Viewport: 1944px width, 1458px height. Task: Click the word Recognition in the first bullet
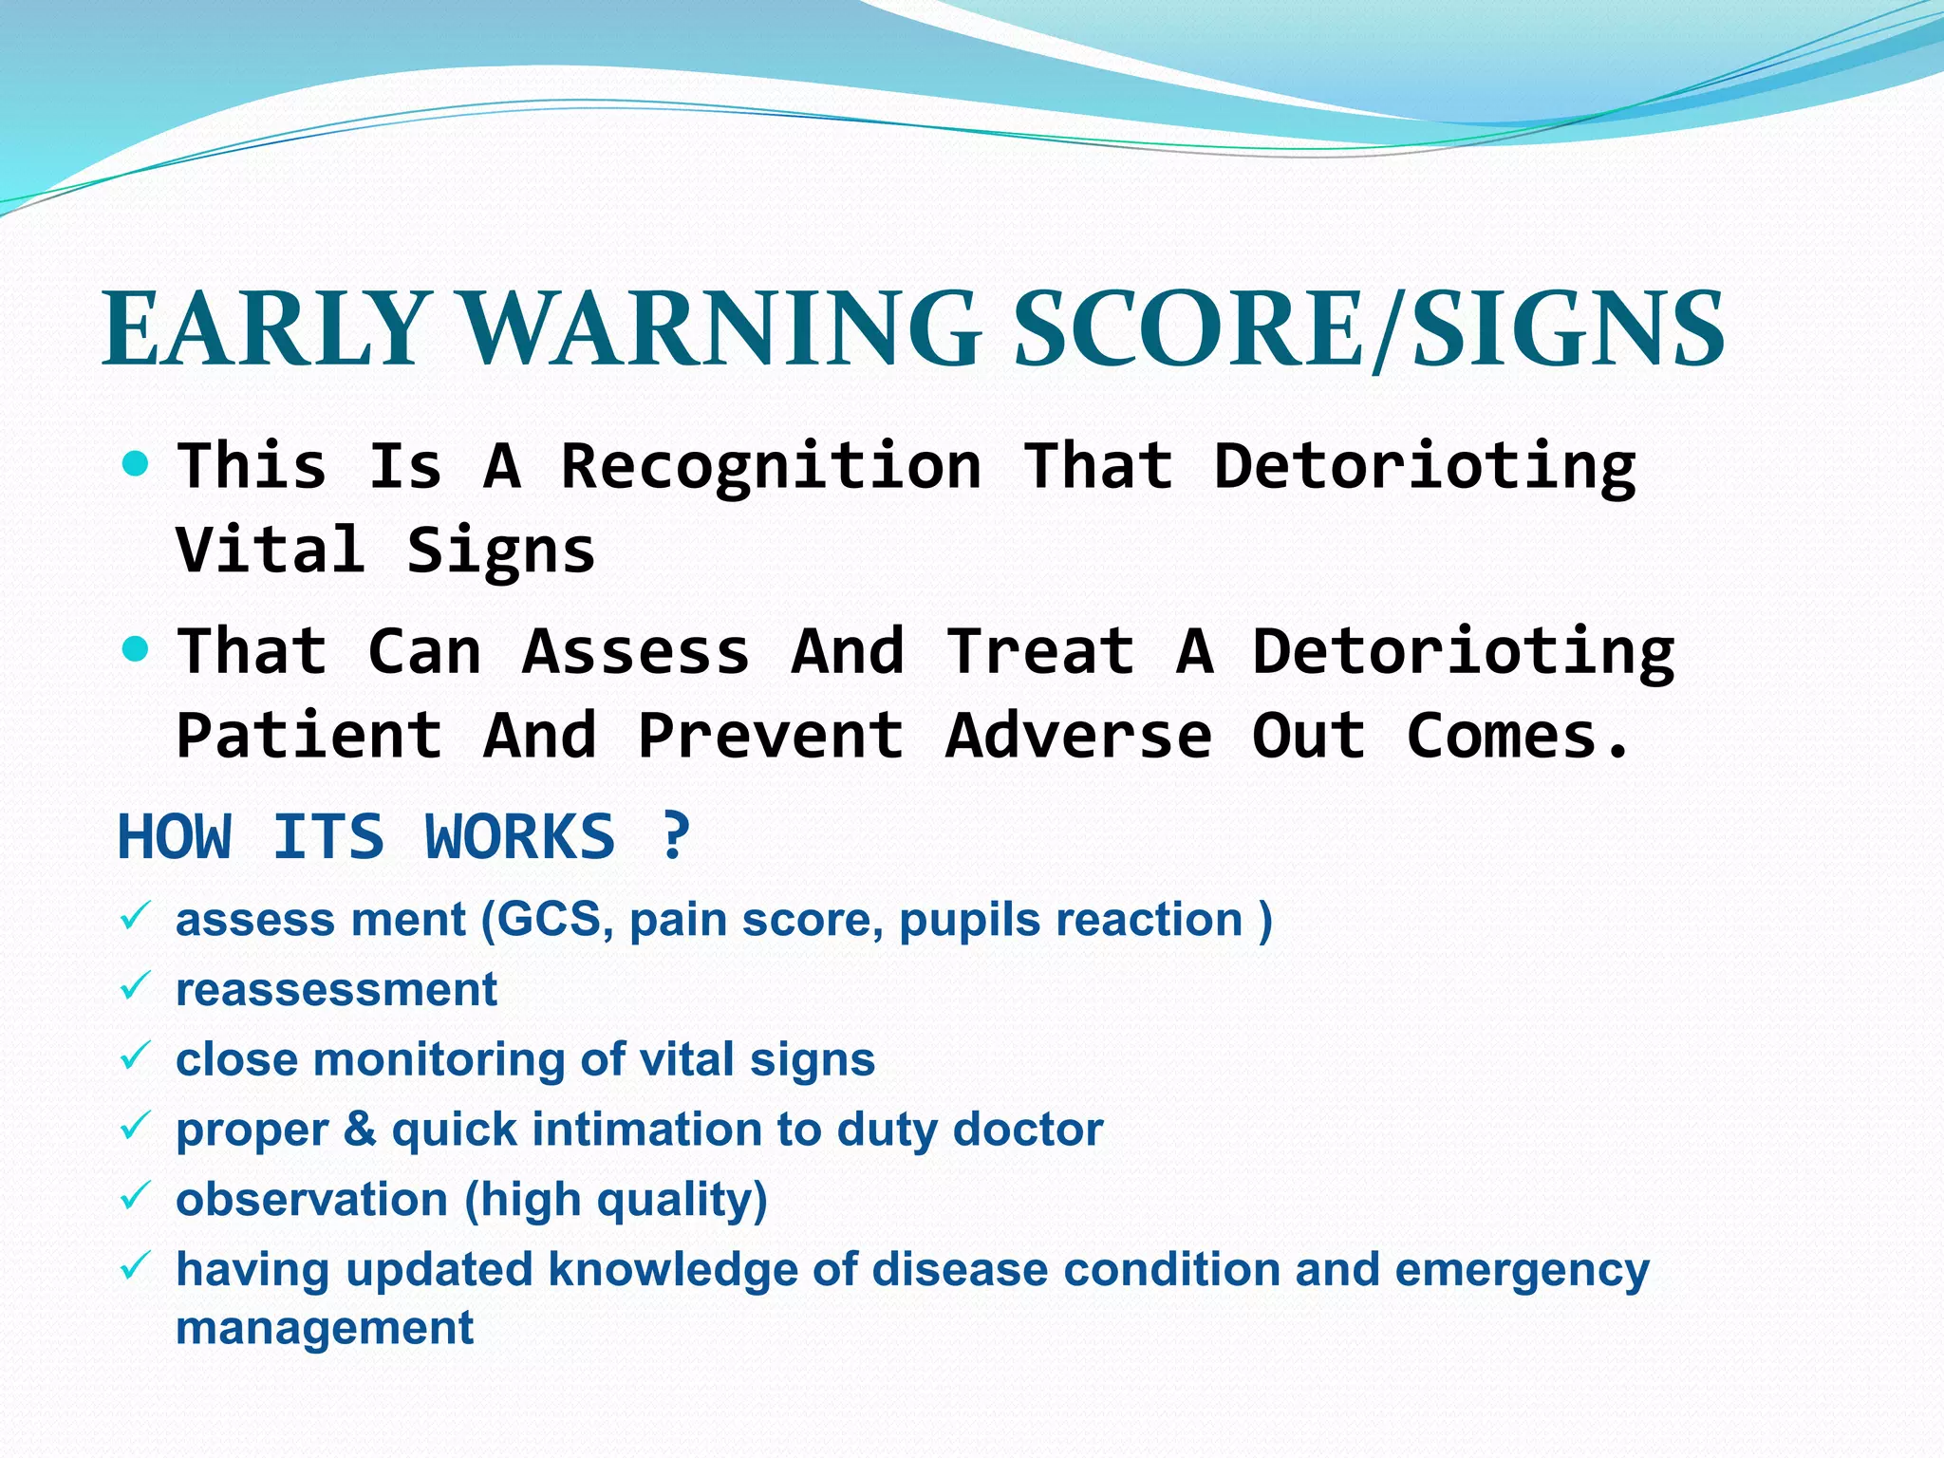click(771, 467)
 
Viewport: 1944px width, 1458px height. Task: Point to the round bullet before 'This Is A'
click(137, 464)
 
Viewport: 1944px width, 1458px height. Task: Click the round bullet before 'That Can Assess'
click(137, 650)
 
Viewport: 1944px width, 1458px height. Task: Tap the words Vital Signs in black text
click(385, 551)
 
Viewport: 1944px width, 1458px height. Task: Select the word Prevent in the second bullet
click(771, 736)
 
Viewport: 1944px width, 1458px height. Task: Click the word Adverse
click(1079, 736)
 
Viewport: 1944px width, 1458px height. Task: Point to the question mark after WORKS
click(675, 837)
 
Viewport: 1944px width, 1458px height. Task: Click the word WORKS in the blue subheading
click(519, 837)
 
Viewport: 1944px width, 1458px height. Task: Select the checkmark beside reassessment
click(135, 987)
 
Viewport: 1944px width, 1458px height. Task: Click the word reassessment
click(336, 990)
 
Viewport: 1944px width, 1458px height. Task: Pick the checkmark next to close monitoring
click(135, 1056)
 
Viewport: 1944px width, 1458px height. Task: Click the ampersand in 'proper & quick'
click(360, 1130)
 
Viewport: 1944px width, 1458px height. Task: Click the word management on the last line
click(324, 1328)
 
